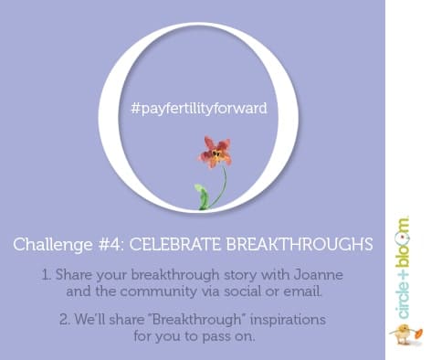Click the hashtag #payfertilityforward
[198, 108]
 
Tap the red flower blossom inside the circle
[216, 153]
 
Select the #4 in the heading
[105, 245]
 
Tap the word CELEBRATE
[173, 245]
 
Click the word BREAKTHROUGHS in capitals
[302, 245]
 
